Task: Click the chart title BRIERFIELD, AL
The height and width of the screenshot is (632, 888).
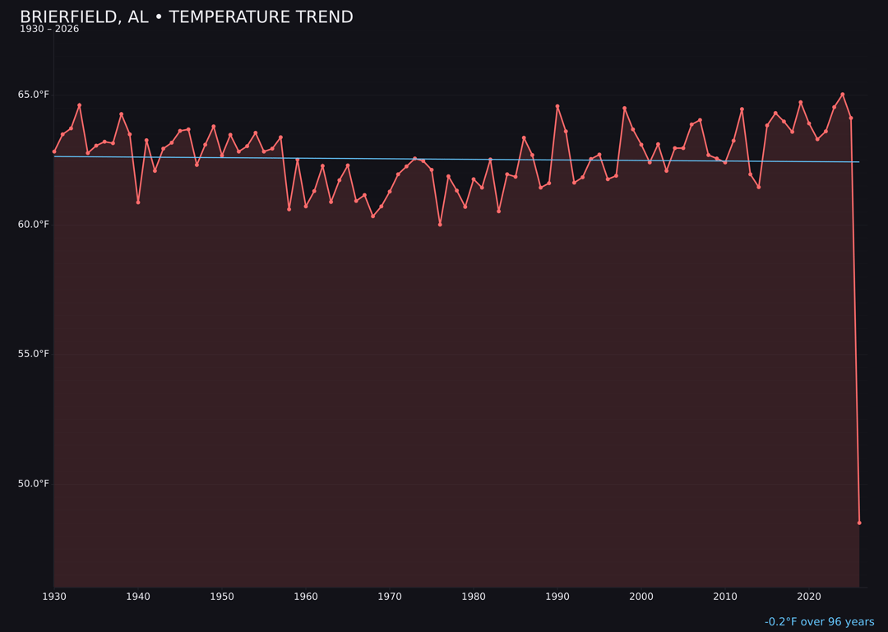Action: (186, 17)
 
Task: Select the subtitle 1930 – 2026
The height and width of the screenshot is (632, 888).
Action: (49, 30)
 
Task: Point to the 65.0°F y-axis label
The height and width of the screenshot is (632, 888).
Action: (34, 95)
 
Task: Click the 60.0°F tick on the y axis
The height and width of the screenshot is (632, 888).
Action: (34, 225)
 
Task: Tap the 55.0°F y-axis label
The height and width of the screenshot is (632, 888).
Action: (34, 354)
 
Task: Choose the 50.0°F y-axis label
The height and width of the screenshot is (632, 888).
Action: (34, 483)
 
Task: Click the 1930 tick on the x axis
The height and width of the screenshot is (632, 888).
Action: (54, 597)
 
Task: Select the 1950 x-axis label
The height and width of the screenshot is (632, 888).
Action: (222, 597)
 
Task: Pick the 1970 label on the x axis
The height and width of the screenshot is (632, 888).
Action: (390, 597)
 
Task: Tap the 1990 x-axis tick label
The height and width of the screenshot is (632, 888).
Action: (557, 597)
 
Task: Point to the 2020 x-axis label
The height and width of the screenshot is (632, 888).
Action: (809, 597)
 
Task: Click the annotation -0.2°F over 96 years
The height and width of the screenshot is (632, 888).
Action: (819, 622)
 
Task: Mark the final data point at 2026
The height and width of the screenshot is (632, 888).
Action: (859, 523)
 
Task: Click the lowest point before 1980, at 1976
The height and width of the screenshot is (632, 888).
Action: (440, 224)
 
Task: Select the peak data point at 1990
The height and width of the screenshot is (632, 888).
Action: (557, 106)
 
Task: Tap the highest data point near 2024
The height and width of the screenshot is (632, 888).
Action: (843, 95)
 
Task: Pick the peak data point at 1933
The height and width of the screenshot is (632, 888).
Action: (80, 105)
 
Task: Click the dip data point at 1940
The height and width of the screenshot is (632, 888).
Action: (138, 202)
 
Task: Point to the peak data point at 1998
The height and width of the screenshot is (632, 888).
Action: (624, 108)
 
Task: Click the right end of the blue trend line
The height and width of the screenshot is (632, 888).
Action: (859, 162)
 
